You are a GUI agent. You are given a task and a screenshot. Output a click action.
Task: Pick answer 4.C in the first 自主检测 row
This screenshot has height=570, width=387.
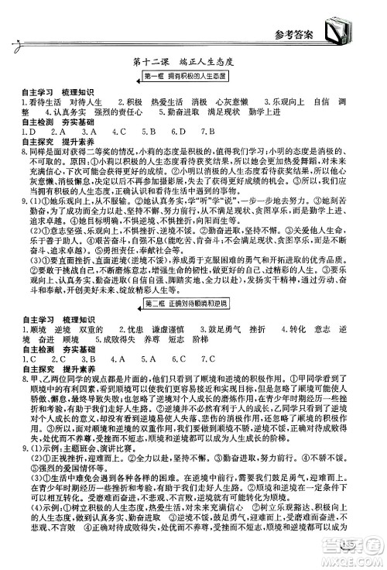[x=115, y=132]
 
